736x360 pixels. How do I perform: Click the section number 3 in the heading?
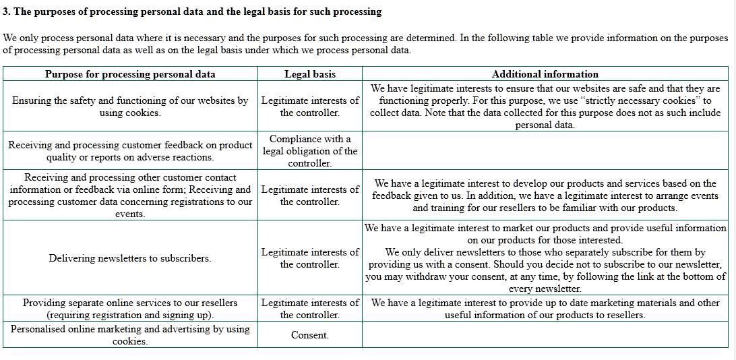pos(6,11)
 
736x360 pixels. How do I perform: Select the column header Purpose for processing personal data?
pos(130,74)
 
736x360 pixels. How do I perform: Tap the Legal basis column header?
pos(309,74)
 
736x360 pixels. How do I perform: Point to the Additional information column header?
pos(545,74)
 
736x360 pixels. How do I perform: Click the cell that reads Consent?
pos(309,335)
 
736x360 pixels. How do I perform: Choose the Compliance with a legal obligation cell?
pos(309,151)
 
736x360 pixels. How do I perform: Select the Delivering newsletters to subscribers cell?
pos(130,258)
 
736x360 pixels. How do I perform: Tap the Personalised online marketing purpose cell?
pos(130,335)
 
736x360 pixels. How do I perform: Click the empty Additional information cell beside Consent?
pos(545,335)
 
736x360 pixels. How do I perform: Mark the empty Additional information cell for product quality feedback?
pos(545,151)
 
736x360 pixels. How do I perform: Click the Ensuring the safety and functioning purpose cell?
pos(130,107)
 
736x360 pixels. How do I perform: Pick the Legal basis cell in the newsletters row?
pos(309,258)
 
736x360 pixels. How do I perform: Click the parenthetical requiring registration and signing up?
pos(130,315)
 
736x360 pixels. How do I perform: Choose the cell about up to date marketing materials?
pos(545,309)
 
